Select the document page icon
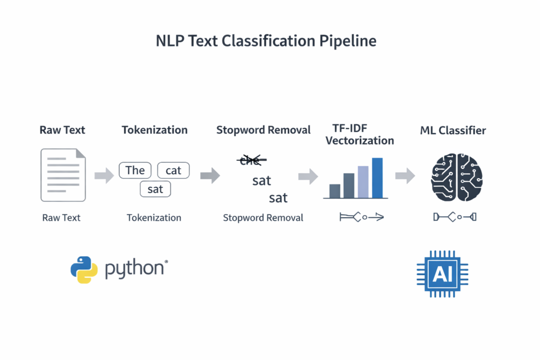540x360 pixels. (63, 175)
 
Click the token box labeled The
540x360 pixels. (135, 170)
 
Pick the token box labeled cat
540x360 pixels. (173, 170)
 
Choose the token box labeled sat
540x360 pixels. (155, 189)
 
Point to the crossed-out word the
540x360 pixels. (250, 160)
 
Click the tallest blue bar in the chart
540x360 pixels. (377, 178)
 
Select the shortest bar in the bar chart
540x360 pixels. (335, 191)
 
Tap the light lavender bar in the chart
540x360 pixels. (363, 182)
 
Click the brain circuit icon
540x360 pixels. (457, 177)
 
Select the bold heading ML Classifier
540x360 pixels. (453, 130)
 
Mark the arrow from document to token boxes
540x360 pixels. (104, 176)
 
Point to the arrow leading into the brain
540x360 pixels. (405, 176)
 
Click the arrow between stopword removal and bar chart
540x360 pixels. (308, 176)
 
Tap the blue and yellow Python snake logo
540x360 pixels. (84, 270)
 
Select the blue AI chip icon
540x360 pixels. (442, 274)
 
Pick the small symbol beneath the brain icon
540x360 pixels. (454, 217)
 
